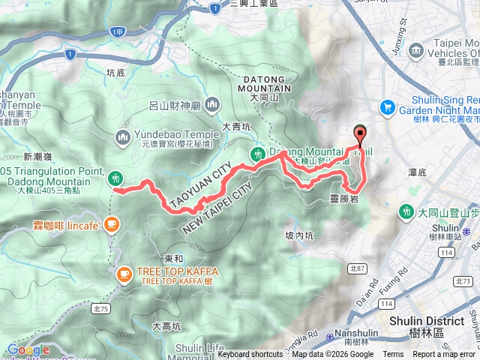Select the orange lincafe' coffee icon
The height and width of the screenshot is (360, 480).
(112, 223)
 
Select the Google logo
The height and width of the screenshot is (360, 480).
(28, 349)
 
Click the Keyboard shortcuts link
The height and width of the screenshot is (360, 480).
(250, 355)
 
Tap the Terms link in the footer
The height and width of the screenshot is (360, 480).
(393, 355)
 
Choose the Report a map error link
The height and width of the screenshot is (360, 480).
(444, 355)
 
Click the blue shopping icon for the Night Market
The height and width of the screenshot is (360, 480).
(388, 107)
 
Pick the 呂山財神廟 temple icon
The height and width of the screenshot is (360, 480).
(212, 103)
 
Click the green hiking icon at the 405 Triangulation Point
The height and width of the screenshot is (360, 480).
(115, 178)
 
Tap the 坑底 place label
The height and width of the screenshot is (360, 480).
(115, 73)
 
